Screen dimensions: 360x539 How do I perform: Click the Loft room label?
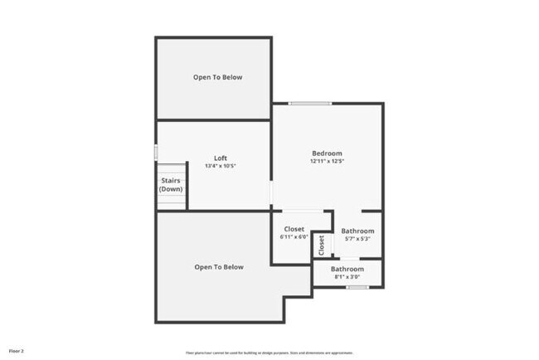(x=221, y=158)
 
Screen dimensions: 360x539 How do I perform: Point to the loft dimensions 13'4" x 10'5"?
(x=221, y=166)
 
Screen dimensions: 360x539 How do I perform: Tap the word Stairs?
(x=171, y=180)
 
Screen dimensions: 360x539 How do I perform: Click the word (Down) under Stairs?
(x=171, y=189)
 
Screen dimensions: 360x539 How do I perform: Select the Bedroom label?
(x=327, y=153)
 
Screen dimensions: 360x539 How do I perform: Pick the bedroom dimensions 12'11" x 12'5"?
(x=327, y=161)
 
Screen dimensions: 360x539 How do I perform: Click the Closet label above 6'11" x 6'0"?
(x=294, y=229)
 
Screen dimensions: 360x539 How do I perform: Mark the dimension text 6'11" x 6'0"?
(x=294, y=238)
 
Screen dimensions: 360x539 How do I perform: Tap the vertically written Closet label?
(x=321, y=244)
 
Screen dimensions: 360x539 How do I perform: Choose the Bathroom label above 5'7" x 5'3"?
(x=357, y=231)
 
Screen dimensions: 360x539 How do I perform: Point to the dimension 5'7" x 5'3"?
(x=357, y=239)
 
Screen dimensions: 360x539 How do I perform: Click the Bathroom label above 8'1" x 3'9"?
(x=347, y=269)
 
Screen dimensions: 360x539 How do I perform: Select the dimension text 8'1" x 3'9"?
(x=347, y=277)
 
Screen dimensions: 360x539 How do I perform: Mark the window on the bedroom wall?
(x=310, y=103)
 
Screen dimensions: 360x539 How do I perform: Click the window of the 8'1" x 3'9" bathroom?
(x=357, y=287)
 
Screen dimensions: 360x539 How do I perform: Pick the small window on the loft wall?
(x=156, y=153)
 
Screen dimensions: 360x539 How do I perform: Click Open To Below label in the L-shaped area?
(x=219, y=267)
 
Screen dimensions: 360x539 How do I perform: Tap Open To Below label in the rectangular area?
(x=218, y=77)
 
